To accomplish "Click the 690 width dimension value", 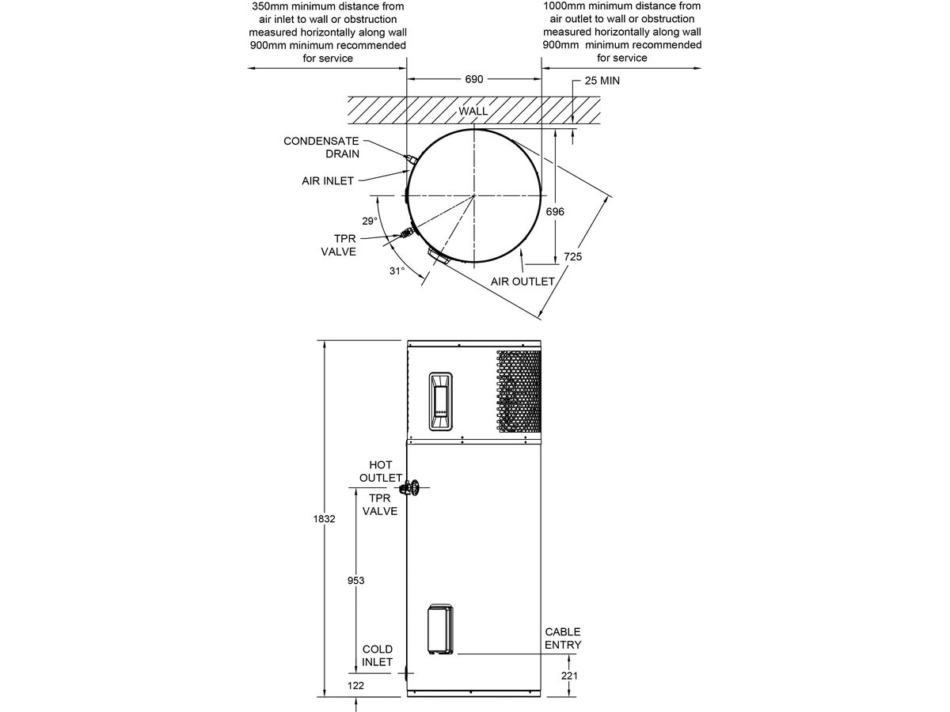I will point(473,80).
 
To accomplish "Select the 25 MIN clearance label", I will point(602,81).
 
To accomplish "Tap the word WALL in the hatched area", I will point(473,111).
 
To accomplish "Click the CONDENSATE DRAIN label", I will point(321,147).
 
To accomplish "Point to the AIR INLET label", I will point(328,181).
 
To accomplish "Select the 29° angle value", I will point(370,222).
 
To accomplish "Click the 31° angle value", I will point(397,271).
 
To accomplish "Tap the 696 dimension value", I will point(555,212).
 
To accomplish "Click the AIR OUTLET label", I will point(522,282).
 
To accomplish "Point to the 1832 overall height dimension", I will point(325,519).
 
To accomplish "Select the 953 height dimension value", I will point(355,580).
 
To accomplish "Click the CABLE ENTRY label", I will point(563,638).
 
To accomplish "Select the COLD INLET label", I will point(378,655).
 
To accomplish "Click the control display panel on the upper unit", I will point(440,401).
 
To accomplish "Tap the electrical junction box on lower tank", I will point(442,631).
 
